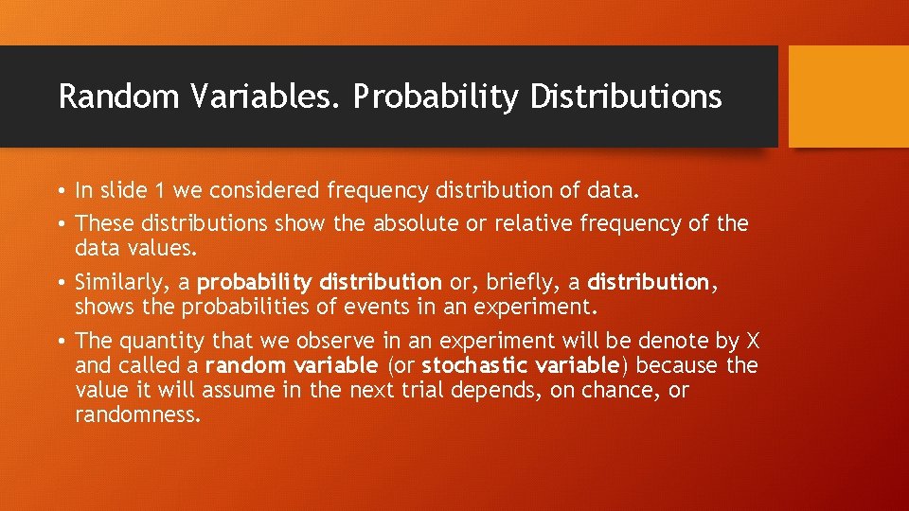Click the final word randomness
tap(137, 414)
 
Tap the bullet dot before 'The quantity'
tap(61, 341)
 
